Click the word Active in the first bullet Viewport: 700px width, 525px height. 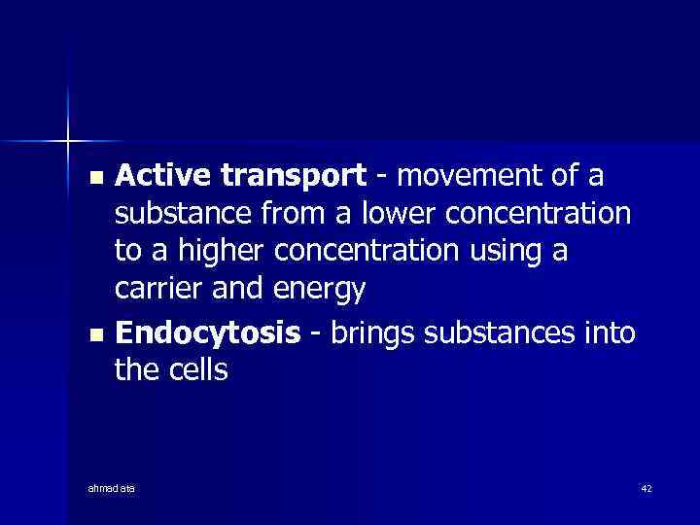(163, 177)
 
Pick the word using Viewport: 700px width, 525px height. (503, 251)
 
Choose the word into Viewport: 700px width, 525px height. (610, 332)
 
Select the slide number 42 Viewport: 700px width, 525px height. (646, 486)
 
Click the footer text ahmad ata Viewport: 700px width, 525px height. (111, 486)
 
